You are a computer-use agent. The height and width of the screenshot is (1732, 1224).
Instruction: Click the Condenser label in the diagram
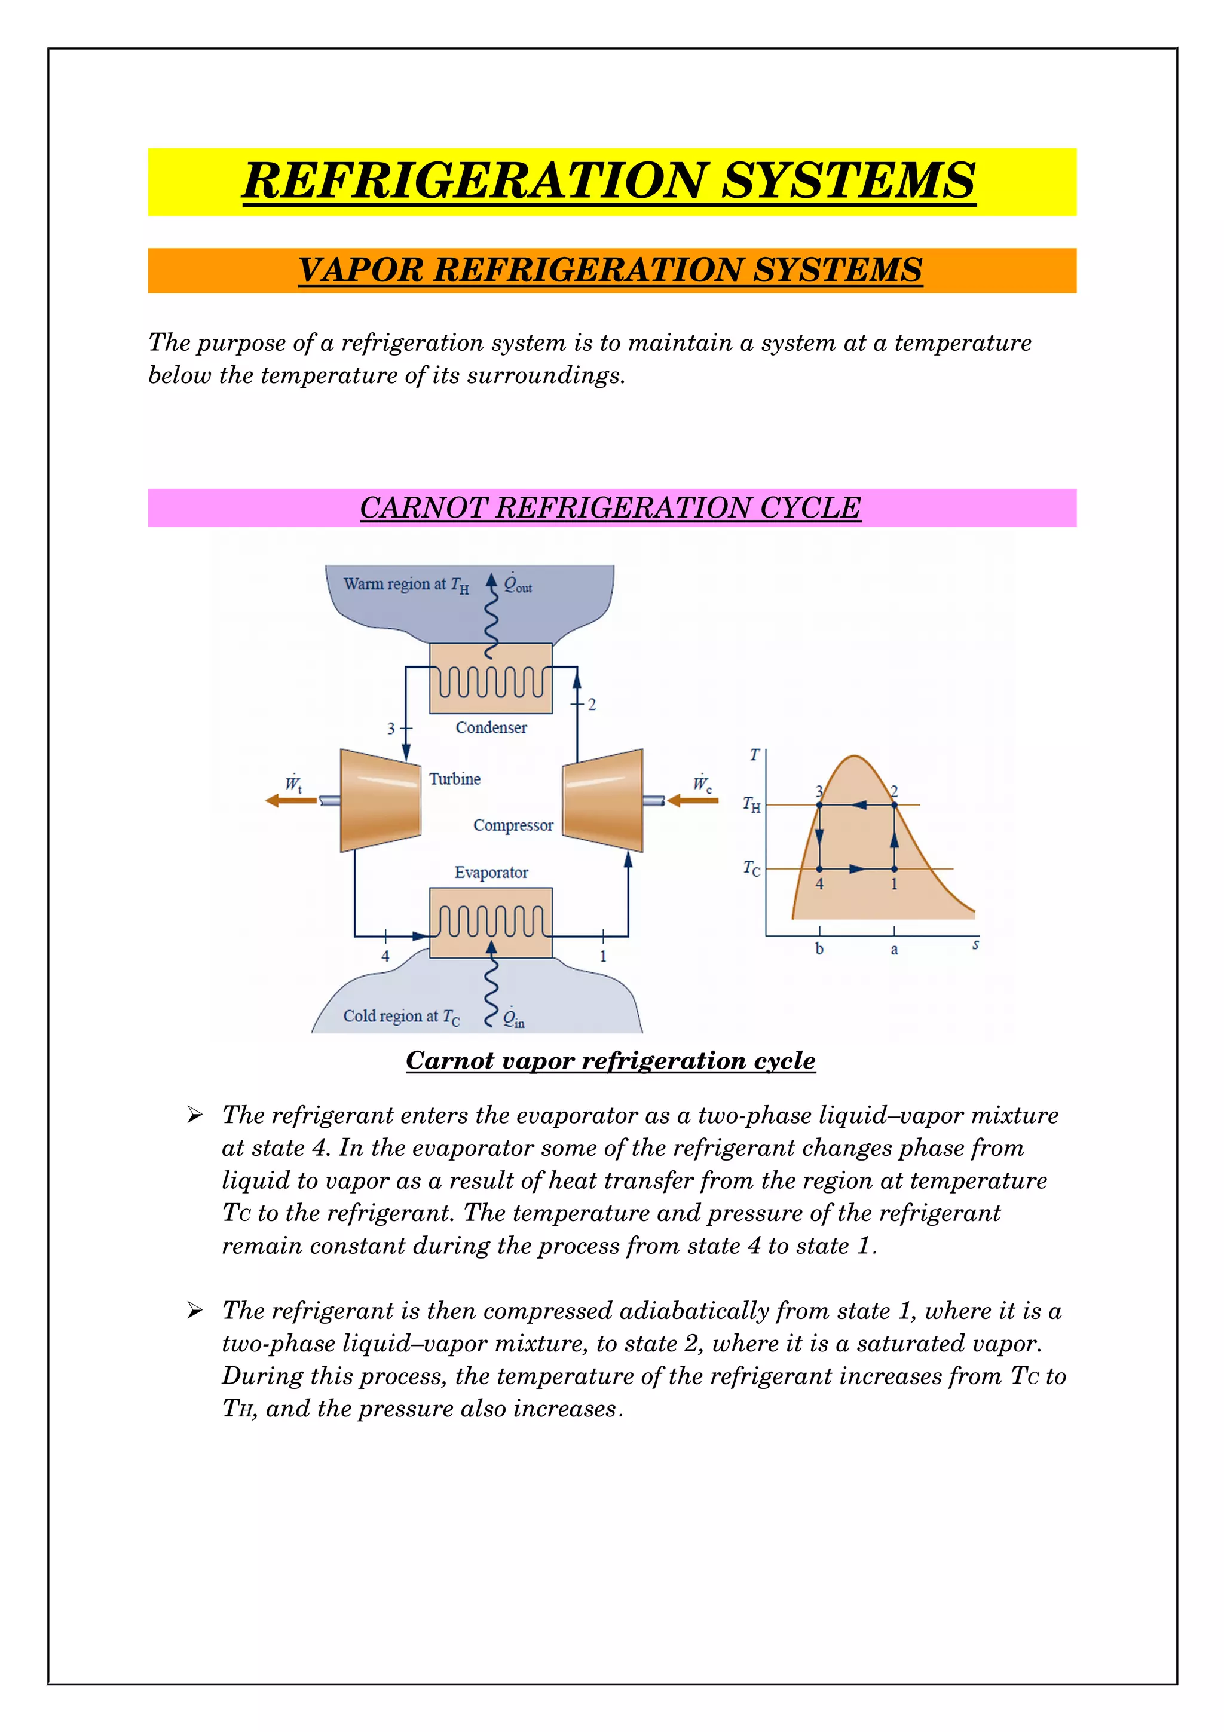(x=491, y=727)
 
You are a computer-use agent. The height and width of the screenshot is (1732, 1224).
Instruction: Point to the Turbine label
(x=455, y=779)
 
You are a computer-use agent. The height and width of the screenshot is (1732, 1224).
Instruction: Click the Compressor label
(x=513, y=825)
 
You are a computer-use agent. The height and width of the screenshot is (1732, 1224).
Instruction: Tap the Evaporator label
(x=491, y=872)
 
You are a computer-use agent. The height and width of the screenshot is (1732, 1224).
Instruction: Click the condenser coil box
(x=491, y=679)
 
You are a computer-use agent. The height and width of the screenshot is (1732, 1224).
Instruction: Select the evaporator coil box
(x=491, y=922)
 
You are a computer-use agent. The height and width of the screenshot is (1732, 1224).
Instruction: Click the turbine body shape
(x=380, y=800)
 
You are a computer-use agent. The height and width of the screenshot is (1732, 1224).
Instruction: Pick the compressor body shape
(x=603, y=800)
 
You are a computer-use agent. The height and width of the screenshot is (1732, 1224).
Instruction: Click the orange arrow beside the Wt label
(x=291, y=800)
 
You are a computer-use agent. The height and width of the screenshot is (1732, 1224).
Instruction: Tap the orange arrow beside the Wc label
(x=692, y=800)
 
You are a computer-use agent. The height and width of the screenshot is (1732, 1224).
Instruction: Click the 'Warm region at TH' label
(x=406, y=585)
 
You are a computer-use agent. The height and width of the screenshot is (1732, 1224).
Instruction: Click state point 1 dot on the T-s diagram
(x=895, y=869)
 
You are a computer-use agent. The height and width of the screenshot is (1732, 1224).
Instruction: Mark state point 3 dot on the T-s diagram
(x=820, y=806)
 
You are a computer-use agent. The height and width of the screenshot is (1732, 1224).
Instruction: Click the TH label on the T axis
(x=752, y=805)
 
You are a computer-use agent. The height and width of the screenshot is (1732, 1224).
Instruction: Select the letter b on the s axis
(x=820, y=949)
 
